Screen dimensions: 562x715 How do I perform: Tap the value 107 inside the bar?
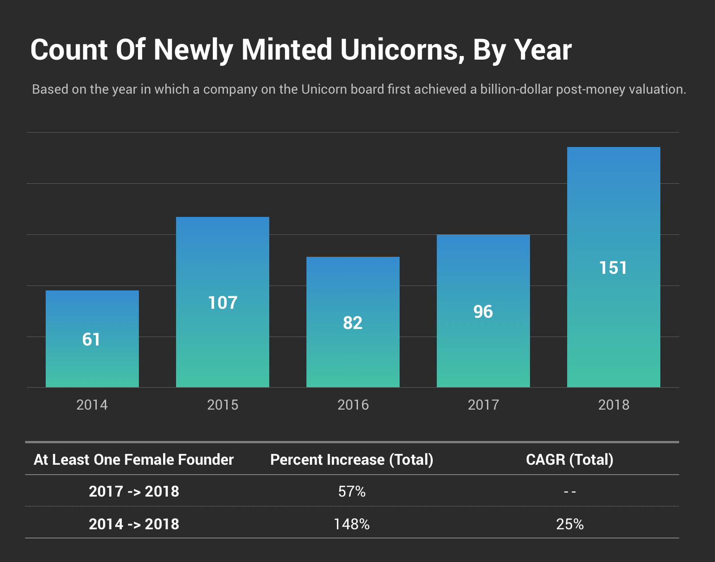point(223,303)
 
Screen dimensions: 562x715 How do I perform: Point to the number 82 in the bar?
point(353,323)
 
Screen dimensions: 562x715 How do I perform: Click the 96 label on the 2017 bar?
point(483,312)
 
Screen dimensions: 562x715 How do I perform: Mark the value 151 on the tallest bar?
point(613,268)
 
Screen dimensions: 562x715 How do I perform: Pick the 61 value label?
point(91,340)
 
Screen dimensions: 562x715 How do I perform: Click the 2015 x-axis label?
point(223,405)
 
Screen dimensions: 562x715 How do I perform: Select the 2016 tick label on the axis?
point(353,405)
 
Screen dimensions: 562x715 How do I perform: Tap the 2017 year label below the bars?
point(483,405)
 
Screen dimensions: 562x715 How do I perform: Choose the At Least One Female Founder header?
point(134,460)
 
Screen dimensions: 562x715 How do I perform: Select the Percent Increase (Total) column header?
point(352,460)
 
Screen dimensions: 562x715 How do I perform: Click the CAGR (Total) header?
point(569,460)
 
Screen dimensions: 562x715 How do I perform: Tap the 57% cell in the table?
point(352,492)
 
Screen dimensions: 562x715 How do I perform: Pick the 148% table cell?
point(352,524)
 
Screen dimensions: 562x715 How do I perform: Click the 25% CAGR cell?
point(570,524)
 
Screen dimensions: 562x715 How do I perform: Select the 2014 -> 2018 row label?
point(134,524)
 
